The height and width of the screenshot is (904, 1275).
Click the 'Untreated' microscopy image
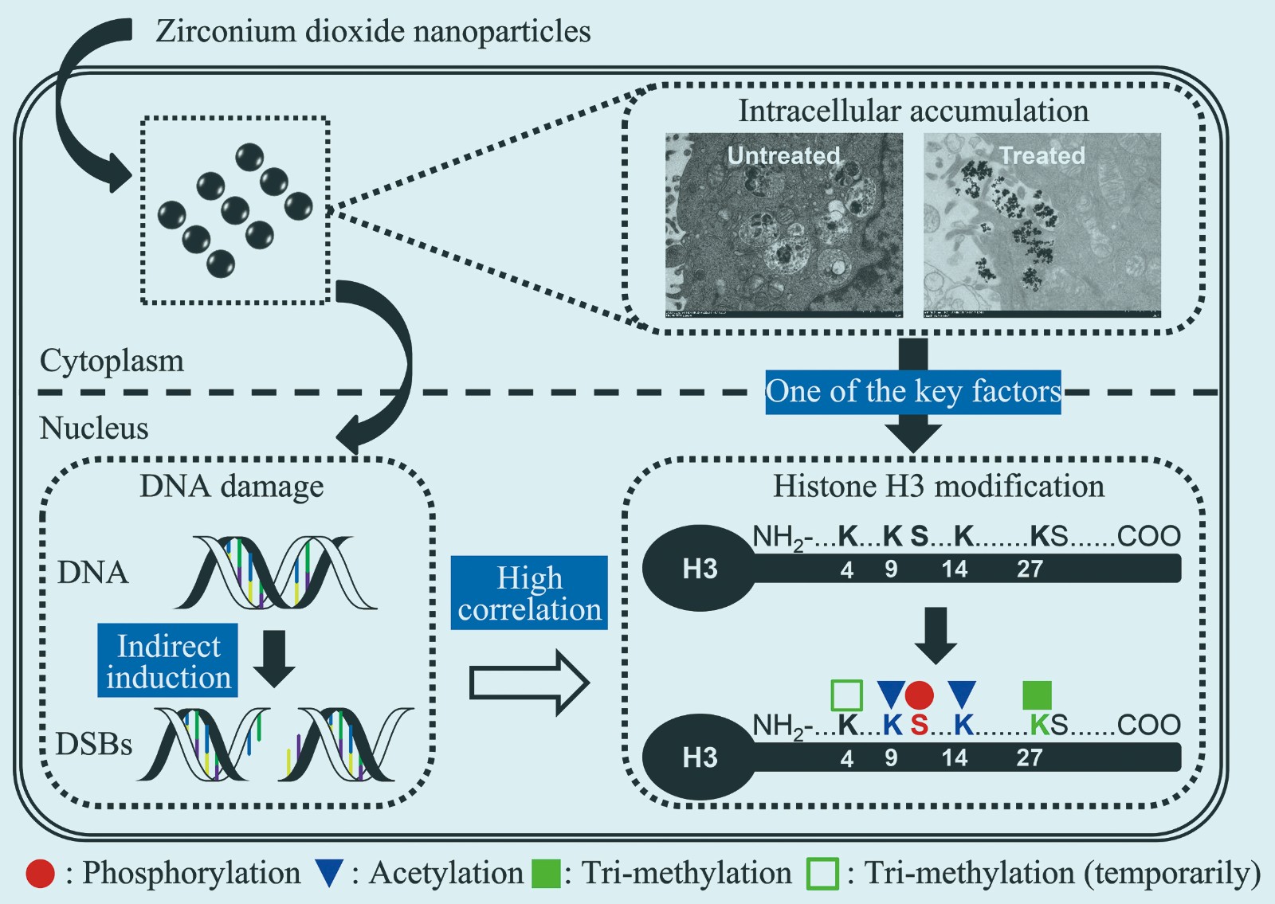click(784, 225)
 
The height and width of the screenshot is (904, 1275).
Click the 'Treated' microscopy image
click(1042, 225)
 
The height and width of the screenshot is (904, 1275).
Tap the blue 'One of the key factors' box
click(913, 392)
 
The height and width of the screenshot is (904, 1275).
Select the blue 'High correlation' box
click(529, 593)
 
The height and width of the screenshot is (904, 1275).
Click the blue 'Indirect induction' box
click(167, 660)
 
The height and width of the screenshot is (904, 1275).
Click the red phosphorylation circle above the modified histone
click(919, 695)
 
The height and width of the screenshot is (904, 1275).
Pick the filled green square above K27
click(1037, 695)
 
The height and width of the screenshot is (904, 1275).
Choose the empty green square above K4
click(846, 695)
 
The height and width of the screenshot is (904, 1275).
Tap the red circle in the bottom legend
click(40, 874)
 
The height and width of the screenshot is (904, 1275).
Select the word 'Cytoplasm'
click(112, 361)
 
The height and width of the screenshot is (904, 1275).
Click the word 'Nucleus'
click(94, 429)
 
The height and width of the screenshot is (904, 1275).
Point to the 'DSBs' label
click(94, 744)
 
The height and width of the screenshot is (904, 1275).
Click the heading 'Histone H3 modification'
click(939, 486)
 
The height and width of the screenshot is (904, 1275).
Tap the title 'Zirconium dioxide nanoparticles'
click(373, 32)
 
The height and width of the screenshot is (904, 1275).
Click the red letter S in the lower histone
click(919, 725)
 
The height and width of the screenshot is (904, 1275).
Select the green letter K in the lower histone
click(1039, 725)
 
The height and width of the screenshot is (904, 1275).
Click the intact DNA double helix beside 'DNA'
click(275, 572)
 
